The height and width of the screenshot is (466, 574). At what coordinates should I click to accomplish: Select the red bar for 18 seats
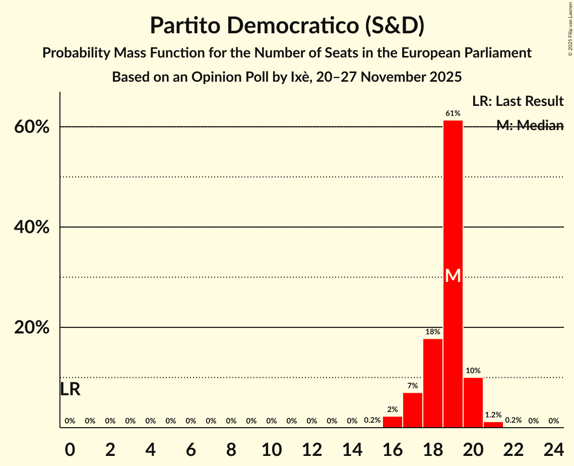[433, 383]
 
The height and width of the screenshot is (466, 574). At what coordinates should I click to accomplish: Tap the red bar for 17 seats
[413, 410]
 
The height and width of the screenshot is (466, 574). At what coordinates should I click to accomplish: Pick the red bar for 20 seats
[473, 402]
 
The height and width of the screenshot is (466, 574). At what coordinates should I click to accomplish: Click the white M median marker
[453, 275]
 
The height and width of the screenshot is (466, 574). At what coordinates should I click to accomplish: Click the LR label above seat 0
[70, 389]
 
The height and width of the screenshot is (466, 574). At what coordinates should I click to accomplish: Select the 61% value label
[453, 113]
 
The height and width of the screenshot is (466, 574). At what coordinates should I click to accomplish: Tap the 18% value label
[433, 332]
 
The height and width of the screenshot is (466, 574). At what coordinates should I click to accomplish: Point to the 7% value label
[413, 386]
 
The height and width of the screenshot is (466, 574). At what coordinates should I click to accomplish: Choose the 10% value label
[473, 371]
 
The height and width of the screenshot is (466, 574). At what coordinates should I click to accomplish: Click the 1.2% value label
[493, 415]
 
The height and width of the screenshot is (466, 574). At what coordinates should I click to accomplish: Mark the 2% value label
[393, 410]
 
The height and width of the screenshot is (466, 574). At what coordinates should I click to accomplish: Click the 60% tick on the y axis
[32, 127]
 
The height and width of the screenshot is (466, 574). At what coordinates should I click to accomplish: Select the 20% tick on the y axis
[32, 328]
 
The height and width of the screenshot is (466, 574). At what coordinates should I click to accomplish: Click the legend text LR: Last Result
[518, 101]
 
